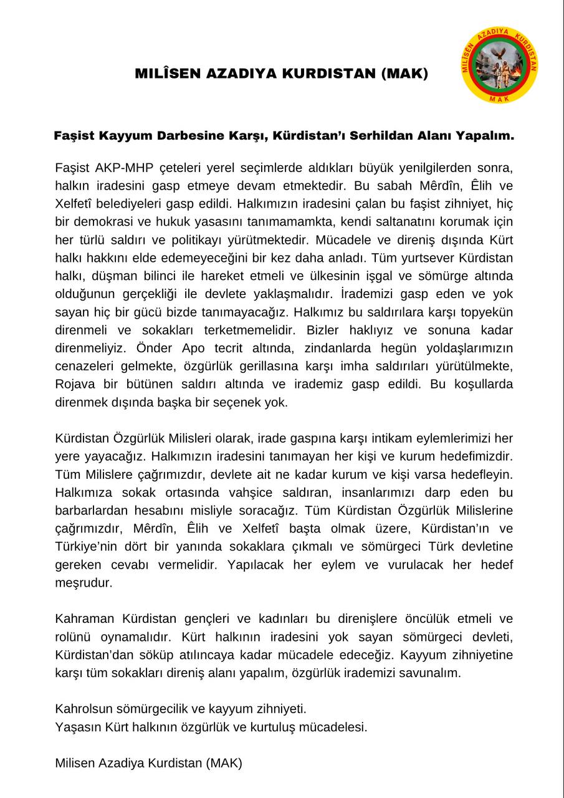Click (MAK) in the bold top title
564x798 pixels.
[404, 74]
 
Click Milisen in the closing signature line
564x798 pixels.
[76, 762]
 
